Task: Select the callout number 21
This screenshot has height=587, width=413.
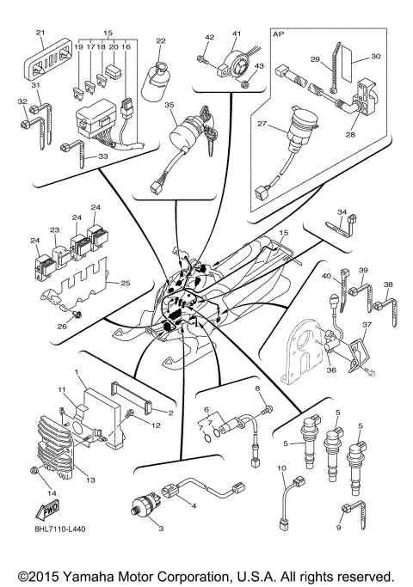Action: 40,32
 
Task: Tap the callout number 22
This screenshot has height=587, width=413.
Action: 160,40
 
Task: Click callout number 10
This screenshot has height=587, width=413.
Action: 281,468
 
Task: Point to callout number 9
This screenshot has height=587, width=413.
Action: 338,527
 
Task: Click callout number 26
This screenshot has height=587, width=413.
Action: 60,327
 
